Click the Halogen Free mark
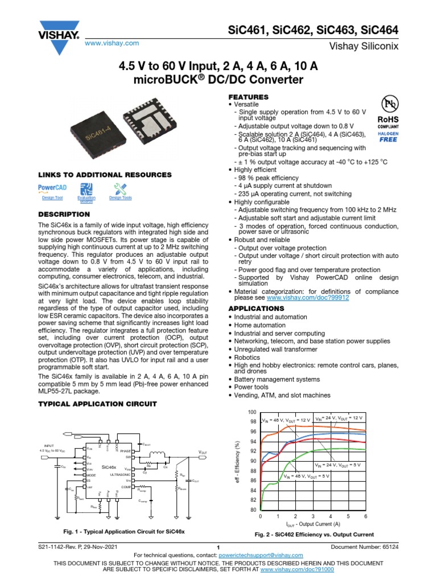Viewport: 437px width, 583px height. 389,136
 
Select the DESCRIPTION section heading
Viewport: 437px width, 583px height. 63,214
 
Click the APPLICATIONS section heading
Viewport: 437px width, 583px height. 255,309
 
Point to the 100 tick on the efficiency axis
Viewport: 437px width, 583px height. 253,412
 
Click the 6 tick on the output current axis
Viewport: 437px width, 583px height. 365,516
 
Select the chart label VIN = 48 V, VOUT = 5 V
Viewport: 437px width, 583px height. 306,475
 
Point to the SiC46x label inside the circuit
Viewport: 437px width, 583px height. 109,466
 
